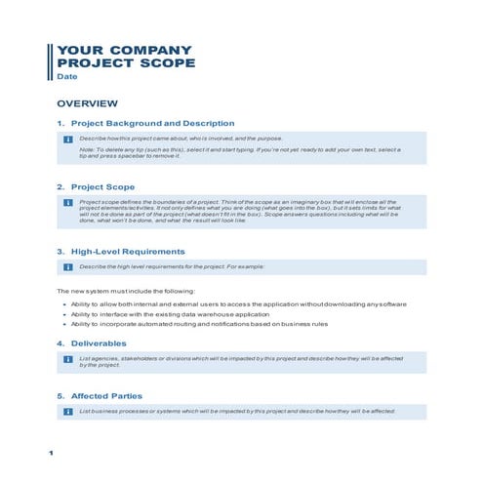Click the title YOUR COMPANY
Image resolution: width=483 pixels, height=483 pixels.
pos(124,50)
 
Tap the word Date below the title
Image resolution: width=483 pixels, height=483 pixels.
pos(66,76)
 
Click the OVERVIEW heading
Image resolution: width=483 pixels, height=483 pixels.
pos(87,103)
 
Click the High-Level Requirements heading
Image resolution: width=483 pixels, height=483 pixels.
pos(127,251)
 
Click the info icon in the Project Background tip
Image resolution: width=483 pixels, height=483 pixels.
pos(67,140)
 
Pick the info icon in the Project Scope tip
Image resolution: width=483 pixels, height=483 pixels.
pos(67,202)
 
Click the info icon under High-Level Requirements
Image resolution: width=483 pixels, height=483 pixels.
pos(67,266)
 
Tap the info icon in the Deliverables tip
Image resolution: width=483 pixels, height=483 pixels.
pos(67,360)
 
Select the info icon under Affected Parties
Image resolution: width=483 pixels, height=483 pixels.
pos(67,412)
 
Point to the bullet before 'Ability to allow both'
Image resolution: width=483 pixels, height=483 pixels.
pos(64,305)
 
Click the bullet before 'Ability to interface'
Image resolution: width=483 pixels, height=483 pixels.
pos(64,315)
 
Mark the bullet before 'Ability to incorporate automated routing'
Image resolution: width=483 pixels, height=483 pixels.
pos(64,325)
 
